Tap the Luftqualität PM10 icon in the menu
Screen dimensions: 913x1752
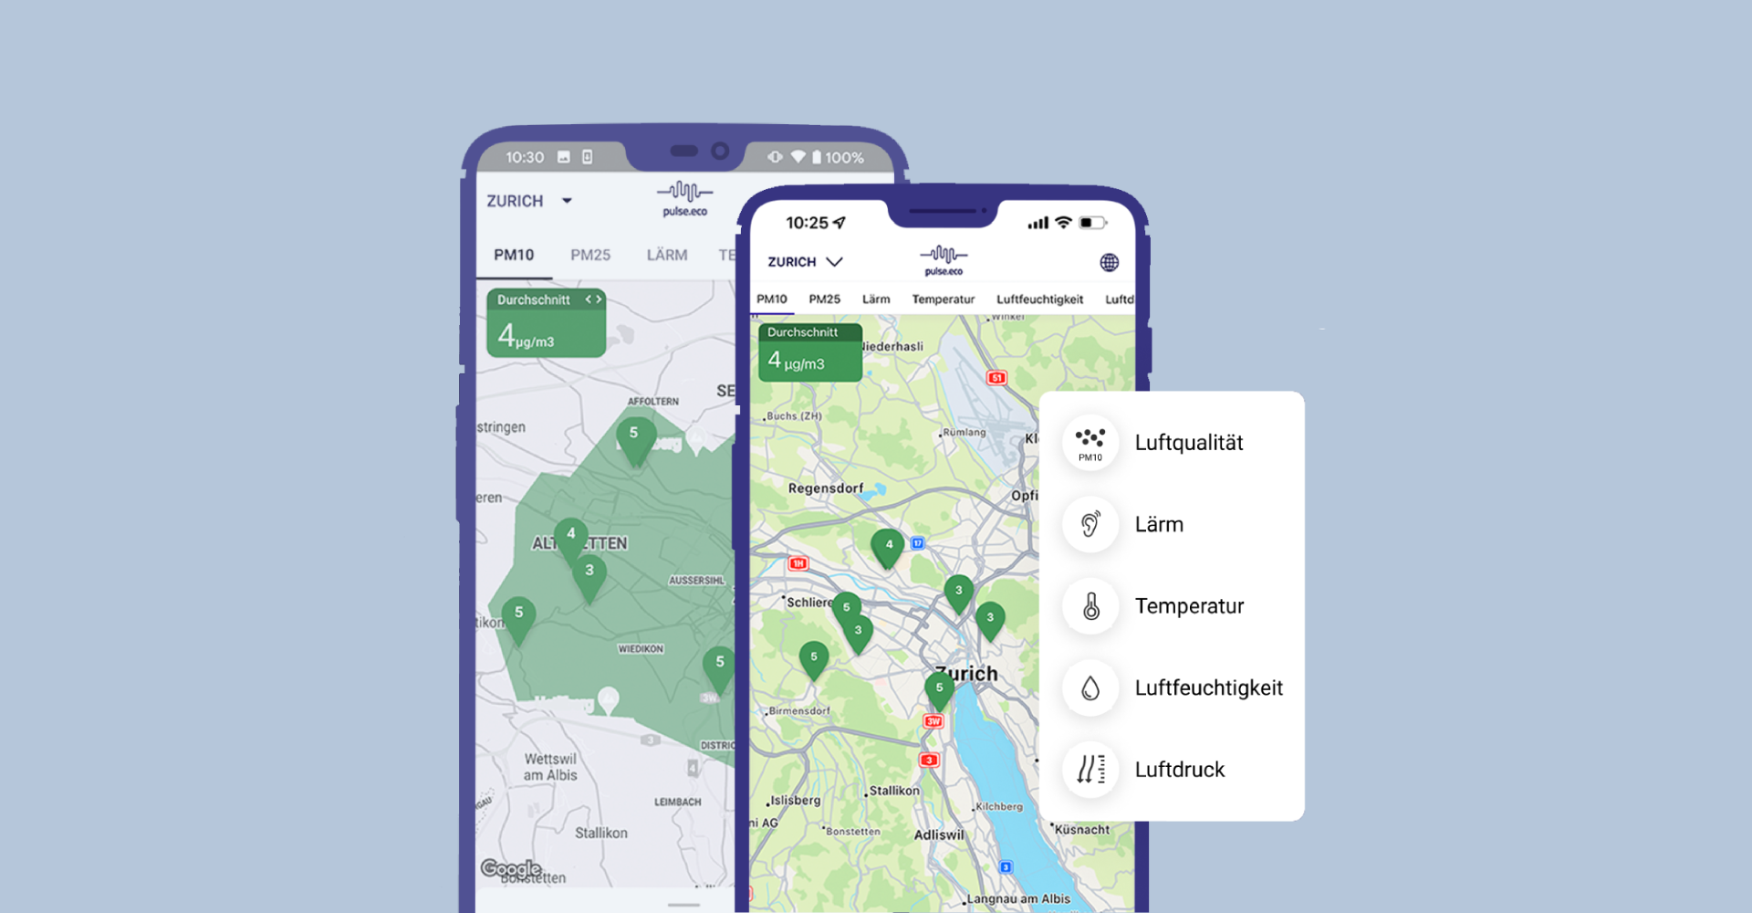tap(1090, 443)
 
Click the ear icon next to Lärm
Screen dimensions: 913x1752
tap(1090, 524)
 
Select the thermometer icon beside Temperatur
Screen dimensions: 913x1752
tap(1090, 606)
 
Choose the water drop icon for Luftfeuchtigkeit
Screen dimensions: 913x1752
tap(1090, 687)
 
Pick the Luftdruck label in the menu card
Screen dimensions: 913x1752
tap(1179, 770)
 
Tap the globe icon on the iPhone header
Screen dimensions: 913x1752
tap(1109, 263)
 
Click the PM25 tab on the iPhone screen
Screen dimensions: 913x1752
tap(824, 299)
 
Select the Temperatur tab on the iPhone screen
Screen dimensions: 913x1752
tap(943, 299)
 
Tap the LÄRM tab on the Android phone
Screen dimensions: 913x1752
tap(667, 255)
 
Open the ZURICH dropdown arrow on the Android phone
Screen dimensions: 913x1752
tap(567, 201)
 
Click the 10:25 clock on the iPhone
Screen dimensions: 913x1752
tap(807, 223)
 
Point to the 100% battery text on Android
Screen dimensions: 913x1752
tap(844, 158)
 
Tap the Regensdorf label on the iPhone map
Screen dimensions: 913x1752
tap(825, 488)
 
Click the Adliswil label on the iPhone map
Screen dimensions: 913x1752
tap(938, 834)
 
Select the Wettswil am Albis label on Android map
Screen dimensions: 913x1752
tap(550, 767)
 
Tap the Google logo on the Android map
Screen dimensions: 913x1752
tap(511, 868)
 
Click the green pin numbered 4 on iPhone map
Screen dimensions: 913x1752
tap(888, 546)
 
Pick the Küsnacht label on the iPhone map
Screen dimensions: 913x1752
tap(1082, 830)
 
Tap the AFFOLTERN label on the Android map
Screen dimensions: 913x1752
tap(652, 402)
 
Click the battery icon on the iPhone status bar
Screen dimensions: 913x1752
tap(1092, 223)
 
